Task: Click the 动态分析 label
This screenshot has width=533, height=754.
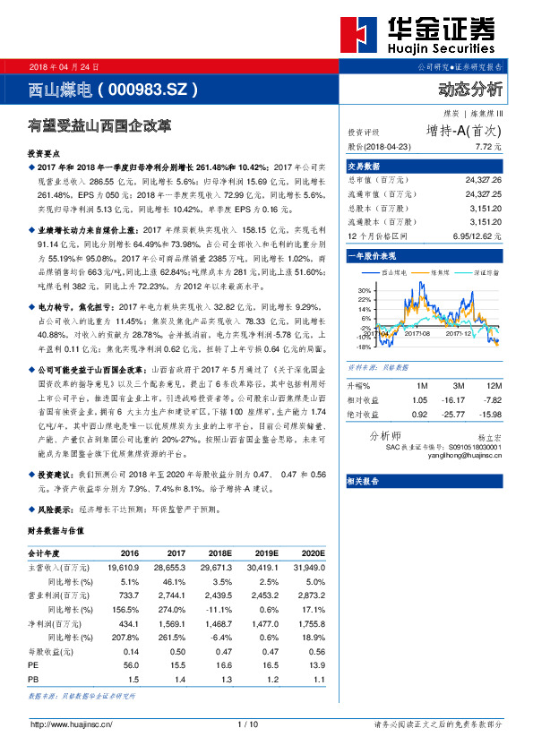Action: click(470, 90)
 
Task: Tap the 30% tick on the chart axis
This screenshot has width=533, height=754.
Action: click(365, 291)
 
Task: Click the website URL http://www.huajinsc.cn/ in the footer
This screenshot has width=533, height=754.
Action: click(71, 724)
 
